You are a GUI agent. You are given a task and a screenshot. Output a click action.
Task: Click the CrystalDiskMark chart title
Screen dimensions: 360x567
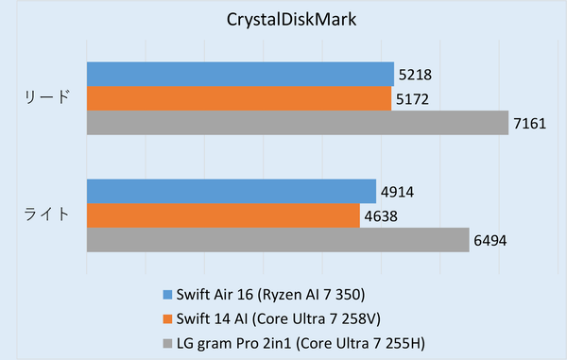click(283, 19)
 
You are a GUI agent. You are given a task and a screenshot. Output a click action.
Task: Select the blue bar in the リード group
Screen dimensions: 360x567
click(240, 74)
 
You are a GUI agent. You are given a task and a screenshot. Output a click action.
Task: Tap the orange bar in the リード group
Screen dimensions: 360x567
click(239, 98)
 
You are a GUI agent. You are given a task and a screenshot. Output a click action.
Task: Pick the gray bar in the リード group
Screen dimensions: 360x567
click(298, 123)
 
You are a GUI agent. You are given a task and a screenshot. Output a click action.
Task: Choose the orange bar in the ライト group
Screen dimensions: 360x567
click(224, 216)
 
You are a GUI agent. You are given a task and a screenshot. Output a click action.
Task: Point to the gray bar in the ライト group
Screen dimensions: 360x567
click(278, 241)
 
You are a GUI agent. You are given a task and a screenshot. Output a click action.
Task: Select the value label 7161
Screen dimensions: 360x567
click(530, 123)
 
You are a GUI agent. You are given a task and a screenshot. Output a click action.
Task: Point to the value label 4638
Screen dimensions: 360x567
click(382, 216)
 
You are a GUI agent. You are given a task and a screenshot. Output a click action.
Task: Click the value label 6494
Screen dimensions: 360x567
click(490, 241)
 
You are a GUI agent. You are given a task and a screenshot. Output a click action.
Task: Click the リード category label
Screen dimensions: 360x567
click(46, 98)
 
